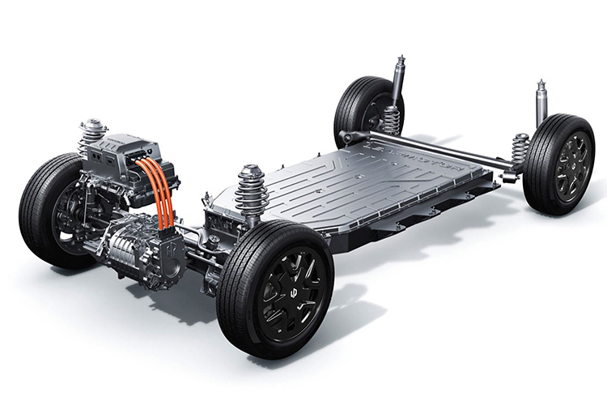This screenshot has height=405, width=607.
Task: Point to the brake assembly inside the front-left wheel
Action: click(69, 219)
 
